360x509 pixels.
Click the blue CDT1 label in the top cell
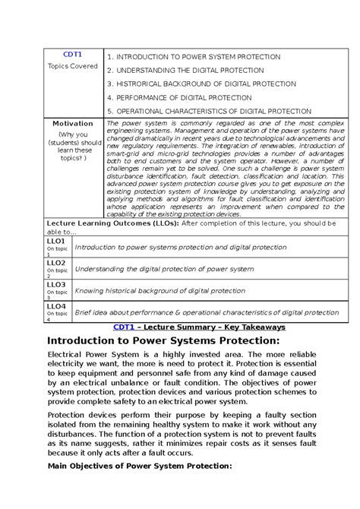point(73,55)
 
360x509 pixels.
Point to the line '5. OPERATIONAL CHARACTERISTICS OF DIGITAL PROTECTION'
point(210,111)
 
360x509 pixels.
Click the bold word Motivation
point(73,123)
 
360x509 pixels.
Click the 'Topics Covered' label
point(73,66)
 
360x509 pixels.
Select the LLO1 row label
point(55,241)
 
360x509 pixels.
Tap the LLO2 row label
point(55,262)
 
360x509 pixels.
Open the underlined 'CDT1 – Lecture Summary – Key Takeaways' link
point(199,327)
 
